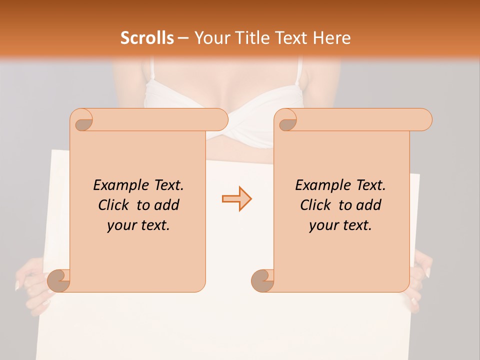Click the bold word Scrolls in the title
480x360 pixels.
[147, 38]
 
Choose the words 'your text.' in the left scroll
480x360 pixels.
[138, 225]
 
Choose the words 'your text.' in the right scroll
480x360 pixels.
[340, 225]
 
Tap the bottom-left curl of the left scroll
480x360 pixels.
[59, 281]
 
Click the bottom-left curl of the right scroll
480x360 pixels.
[262, 281]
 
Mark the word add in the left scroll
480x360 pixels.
[167, 205]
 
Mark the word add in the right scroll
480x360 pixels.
[369, 205]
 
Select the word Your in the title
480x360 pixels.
[210, 38]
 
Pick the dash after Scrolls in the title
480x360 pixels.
[182, 38]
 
